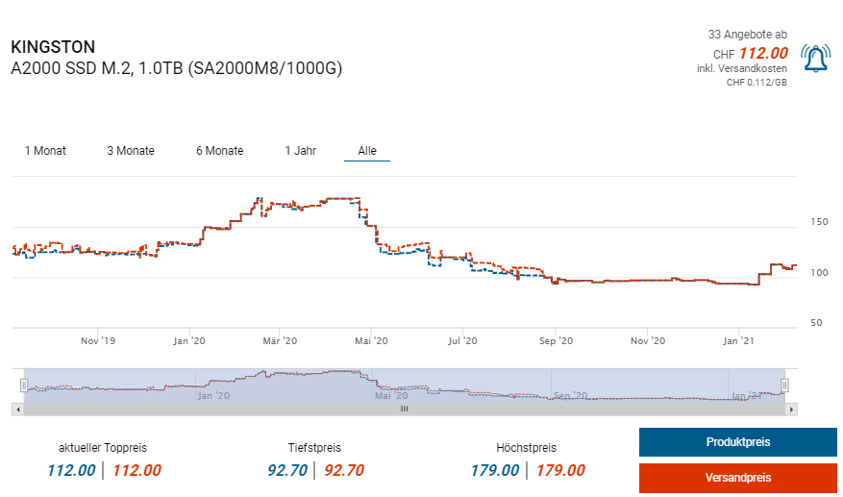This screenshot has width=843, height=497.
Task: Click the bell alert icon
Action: pos(815,60)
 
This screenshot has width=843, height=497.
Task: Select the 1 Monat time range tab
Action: pos(45,151)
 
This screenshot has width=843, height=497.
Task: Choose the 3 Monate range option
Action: pos(131,151)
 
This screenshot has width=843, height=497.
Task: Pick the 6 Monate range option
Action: pos(219,151)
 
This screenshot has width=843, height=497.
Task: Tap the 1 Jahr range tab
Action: pos(300,151)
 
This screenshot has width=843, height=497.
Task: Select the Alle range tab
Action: pos(367,151)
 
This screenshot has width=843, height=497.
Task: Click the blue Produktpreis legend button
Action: pos(737,442)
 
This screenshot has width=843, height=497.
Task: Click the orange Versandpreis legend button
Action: pos(737,478)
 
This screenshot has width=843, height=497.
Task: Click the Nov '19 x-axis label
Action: pos(97,341)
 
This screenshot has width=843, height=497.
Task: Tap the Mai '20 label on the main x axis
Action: pos(371,341)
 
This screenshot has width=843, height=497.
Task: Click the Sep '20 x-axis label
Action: pos(556,341)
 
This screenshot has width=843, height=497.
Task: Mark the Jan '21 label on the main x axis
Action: pos(737,341)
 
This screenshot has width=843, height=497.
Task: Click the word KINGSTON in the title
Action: pos(53,47)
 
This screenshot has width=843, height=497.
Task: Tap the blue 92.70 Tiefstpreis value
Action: pos(287,471)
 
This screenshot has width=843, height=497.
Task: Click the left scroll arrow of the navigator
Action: pos(16,409)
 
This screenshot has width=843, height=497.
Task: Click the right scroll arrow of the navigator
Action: pos(791,409)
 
